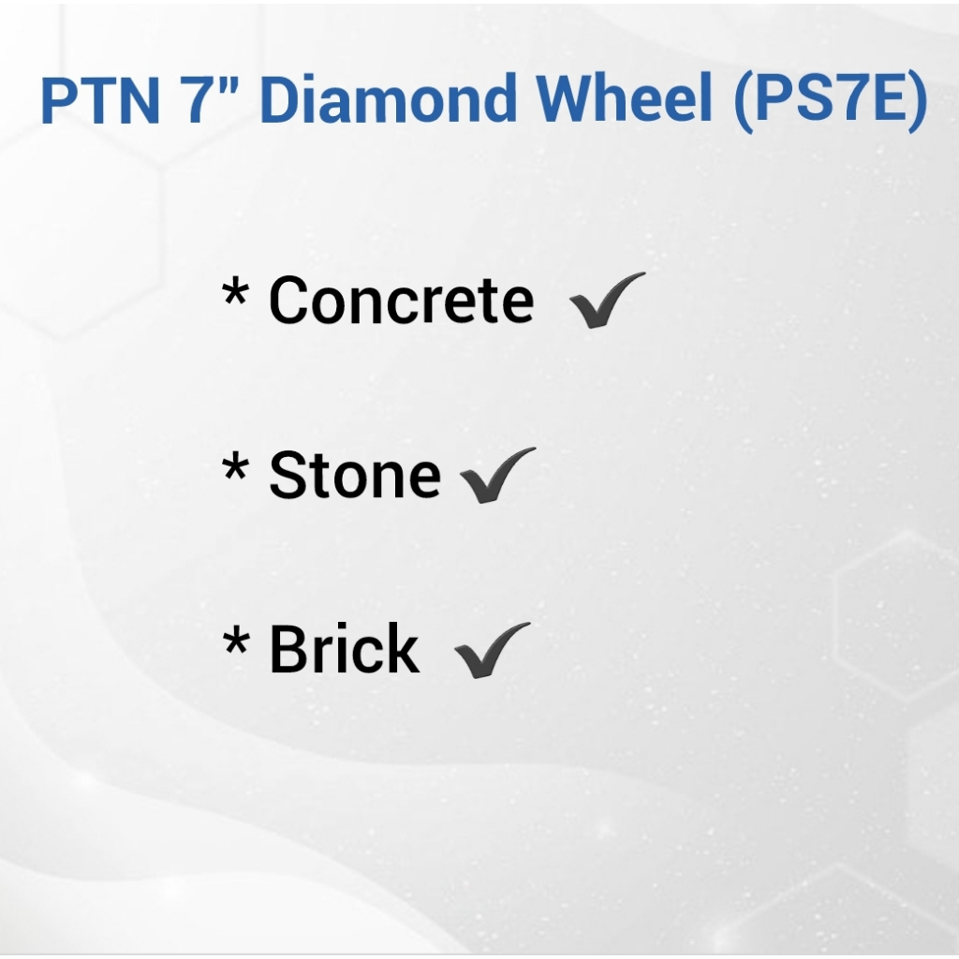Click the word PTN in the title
[100, 99]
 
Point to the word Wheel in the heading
[625, 97]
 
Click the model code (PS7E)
[832, 101]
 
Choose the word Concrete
[401, 300]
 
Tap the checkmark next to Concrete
[607, 300]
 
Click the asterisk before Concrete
[235, 291]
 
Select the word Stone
[355, 475]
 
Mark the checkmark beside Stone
[496, 475]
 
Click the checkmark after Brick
[493, 650]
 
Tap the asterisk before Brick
[235, 641]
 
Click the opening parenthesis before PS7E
[744, 102]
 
